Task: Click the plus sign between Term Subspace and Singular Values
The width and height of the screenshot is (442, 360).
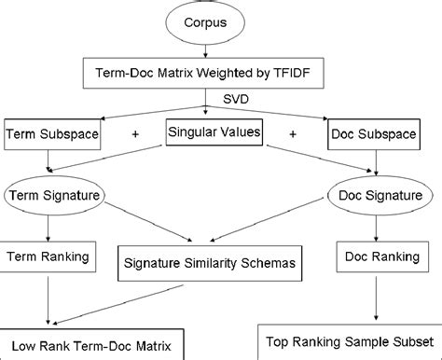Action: pyautogui.click(x=136, y=134)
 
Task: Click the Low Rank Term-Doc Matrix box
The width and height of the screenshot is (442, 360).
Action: pyautogui.click(x=90, y=344)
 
